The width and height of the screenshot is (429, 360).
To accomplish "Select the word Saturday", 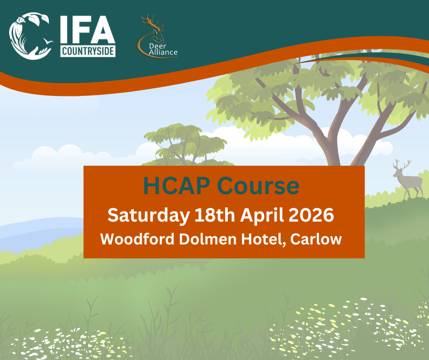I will pyautogui.click(x=146, y=216).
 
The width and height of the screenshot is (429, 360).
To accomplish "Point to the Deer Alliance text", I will pyautogui.click(x=163, y=49).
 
